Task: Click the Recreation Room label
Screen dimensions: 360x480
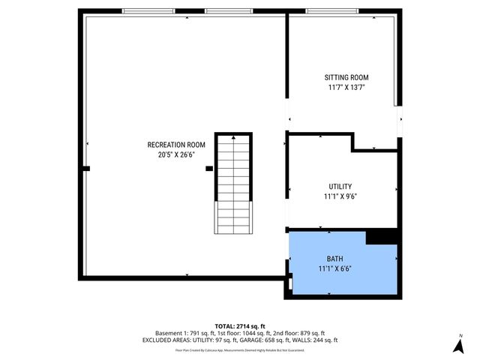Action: tap(176, 145)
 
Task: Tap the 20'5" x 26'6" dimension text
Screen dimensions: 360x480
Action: tap(176, 155)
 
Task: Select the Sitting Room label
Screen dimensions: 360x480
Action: tap(346, 78)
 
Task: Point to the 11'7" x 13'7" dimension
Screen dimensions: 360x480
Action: tap(346, 88)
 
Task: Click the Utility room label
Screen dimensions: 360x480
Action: tap(340, 187)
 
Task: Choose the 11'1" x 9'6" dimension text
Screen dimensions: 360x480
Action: tap(340, 196)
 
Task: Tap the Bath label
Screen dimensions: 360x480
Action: tap(334, 259)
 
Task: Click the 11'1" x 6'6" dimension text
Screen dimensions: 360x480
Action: tap(334, 268)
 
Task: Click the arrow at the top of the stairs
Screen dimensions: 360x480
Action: tap(234, 139)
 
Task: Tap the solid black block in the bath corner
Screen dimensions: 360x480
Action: tap(382, 236)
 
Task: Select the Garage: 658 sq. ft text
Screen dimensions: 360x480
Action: tap(278, 340)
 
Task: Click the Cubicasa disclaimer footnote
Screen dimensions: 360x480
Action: tap(240, 349)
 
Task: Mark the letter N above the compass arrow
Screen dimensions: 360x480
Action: tap(461, 335)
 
